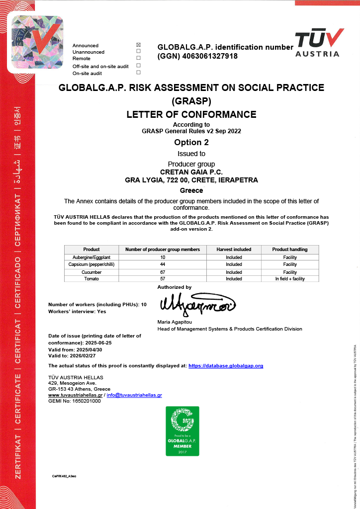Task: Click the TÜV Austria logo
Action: point(319,43)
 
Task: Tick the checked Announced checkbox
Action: point(138,45)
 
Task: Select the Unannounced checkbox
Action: point(138,51)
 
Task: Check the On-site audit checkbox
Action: point(138,73)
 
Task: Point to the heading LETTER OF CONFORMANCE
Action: point(191,114)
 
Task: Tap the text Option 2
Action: point(191,142)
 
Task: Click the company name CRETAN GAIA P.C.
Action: point(191,172)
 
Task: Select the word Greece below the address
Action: point(191,190)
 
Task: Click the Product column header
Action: point(91,250)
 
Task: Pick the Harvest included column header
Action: point(234,250)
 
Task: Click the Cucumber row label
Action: point(91,272)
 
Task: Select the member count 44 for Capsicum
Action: point(163,264)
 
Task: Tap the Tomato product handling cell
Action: point(290,279)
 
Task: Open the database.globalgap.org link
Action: point(226,366)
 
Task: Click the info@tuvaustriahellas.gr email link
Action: point(134,395)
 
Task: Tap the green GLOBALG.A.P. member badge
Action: point(182,431)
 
